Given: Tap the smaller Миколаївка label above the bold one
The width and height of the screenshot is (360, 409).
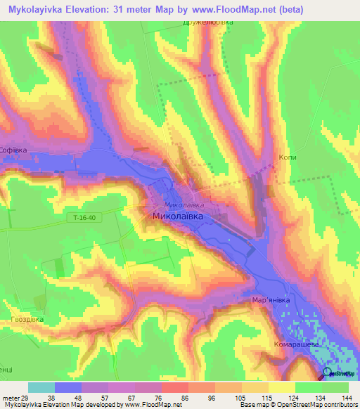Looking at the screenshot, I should click(184, 204).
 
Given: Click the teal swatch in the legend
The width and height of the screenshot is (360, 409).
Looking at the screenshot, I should click(41, 387).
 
